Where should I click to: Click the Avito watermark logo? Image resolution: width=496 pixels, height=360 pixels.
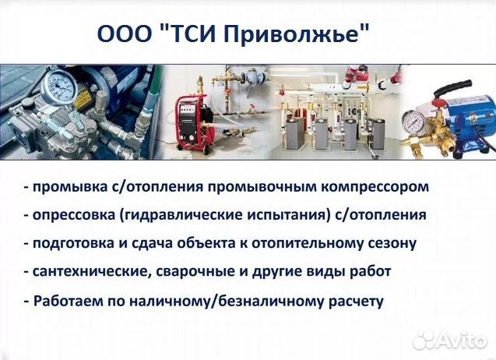tap(450, 341)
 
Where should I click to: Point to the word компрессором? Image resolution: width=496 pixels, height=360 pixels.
tap(375, 187)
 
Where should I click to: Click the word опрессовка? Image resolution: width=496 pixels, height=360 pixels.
tap(74, 215)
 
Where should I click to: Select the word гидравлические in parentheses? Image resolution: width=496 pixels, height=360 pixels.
tap(181, 215)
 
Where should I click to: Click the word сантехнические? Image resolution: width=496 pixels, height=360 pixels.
tap(91, 272)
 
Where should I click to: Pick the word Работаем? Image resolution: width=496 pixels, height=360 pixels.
tap(69, 301)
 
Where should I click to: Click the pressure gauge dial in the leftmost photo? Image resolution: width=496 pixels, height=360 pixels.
tap(59, 86)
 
